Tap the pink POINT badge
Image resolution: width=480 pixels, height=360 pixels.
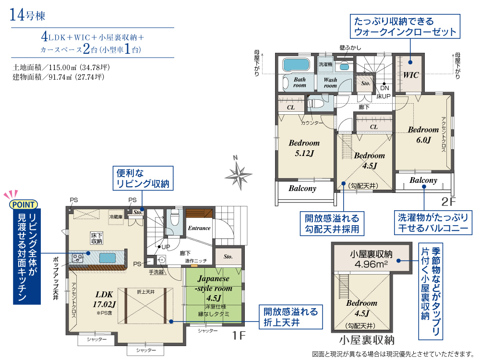pos(24,204)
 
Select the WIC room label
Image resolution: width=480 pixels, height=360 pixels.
pos(410,75)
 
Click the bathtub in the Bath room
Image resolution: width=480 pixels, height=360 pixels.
pos(296,64)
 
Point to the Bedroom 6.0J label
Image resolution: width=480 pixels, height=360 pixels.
pos(423,135)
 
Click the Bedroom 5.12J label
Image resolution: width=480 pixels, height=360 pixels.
pos(304,148)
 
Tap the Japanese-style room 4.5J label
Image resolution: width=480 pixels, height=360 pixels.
pos(214,288)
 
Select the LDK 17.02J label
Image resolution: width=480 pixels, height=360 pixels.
pos(104,299)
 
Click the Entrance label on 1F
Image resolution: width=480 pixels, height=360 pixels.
pos(199,228)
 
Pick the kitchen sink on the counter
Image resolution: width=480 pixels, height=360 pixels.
pos(108,258)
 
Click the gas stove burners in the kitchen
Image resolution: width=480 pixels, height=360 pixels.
pos(77,258)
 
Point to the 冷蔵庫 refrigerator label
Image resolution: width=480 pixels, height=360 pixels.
pos(116,217)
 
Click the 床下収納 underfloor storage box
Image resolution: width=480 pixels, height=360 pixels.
pos(96,238)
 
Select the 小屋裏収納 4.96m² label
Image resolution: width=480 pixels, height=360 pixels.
pos(371,259)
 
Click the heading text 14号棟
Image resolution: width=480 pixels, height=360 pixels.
pos(27,15)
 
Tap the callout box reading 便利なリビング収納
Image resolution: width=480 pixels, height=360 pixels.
pos(143,178)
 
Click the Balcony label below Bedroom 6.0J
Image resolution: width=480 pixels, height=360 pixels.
pos(423,180)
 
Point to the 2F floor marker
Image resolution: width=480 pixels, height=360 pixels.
pos(448,202)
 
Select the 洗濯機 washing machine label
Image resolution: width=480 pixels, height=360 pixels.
pos(325,64)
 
